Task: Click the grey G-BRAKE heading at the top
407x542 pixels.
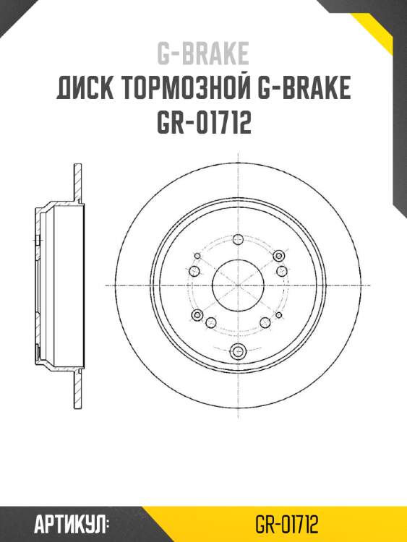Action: tap(203, 53)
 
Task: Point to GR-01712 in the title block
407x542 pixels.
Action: tap(203, 124)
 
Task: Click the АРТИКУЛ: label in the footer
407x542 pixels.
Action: tap(72, 522)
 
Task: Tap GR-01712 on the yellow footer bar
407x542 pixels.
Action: tap(288, 522)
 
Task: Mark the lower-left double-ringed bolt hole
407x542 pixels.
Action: tap(196, 315)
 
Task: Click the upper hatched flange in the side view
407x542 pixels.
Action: tap(75, 184)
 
